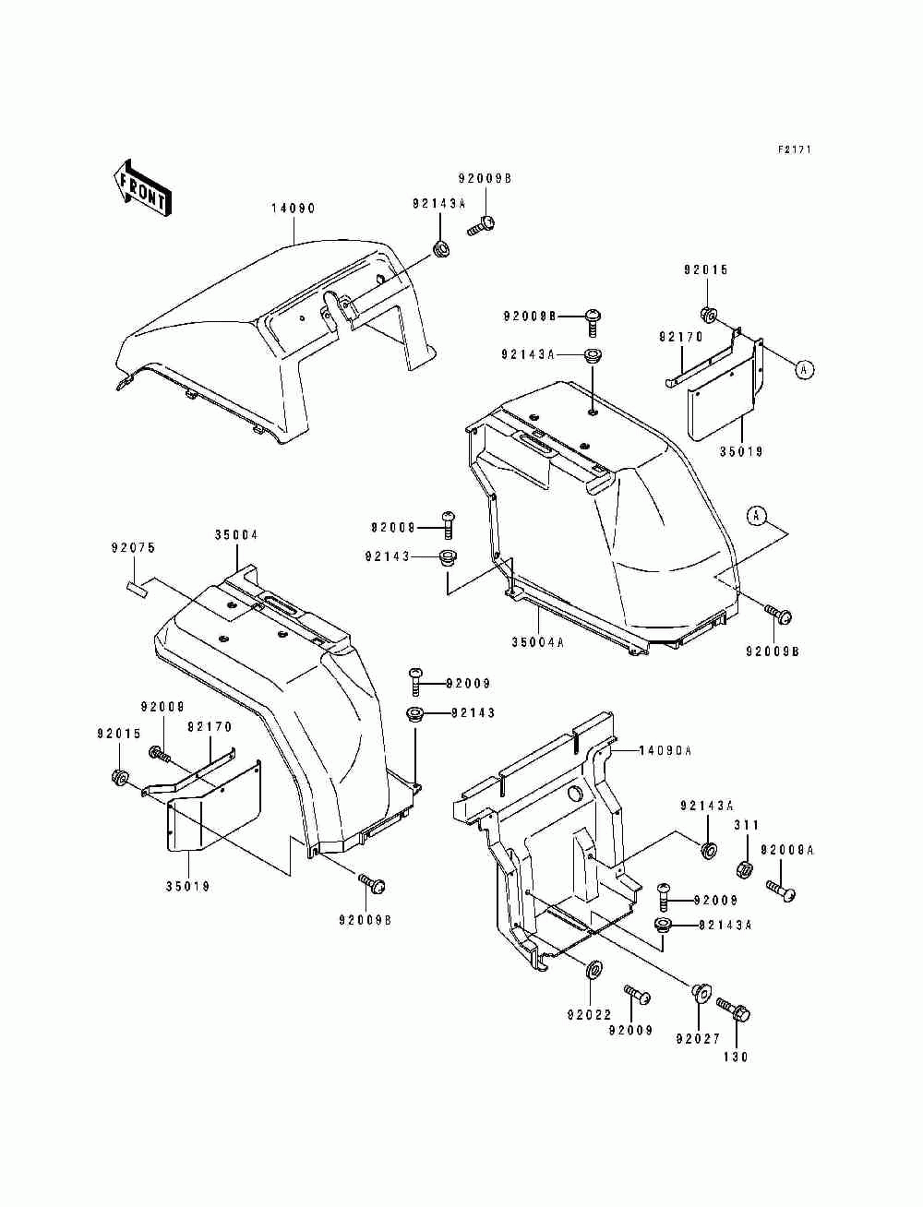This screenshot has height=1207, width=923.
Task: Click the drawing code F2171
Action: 793,149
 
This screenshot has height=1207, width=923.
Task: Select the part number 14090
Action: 293,209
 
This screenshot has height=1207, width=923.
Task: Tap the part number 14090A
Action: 665,751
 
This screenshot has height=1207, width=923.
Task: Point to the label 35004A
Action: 537,643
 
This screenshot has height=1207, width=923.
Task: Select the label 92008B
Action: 530,317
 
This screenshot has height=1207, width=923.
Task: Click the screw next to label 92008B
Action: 593,320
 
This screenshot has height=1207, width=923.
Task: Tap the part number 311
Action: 747,825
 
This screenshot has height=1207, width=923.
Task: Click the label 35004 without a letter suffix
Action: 236,534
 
